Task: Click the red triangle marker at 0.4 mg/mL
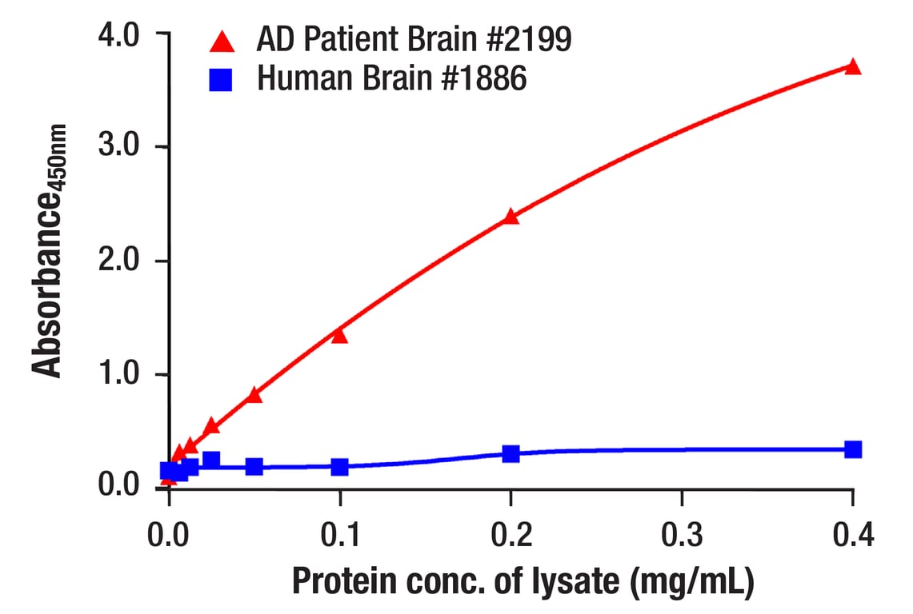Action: click(x=853, y=66)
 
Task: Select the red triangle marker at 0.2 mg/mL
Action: click(x=511, y=216)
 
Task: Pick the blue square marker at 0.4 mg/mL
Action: click(x=853, y=449)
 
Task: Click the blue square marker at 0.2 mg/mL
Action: click(x=511, y=454)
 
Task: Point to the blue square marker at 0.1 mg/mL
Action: click(x=340, y=466)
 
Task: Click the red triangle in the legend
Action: click(x=221, y=39)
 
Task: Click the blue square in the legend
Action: click(x=221, y=79)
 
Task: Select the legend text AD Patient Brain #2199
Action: click(x=414, y=38)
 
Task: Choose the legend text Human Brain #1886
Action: click(x=391, y=78)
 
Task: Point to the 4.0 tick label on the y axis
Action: click(x=119, y=34)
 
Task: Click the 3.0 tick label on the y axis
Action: click(x=119, y=148)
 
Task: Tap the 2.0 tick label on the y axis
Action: click(x=119, y=261)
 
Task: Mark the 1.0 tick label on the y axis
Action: click(x=119, y=375)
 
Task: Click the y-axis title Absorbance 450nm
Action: click(x=49, y=249)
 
